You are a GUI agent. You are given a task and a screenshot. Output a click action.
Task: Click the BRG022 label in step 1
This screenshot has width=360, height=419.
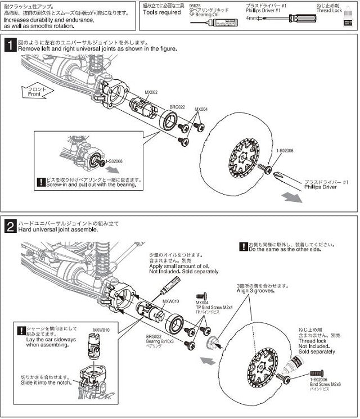pos(178,106)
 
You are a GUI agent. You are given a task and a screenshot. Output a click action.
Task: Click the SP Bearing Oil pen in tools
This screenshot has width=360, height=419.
pos(208,20)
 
